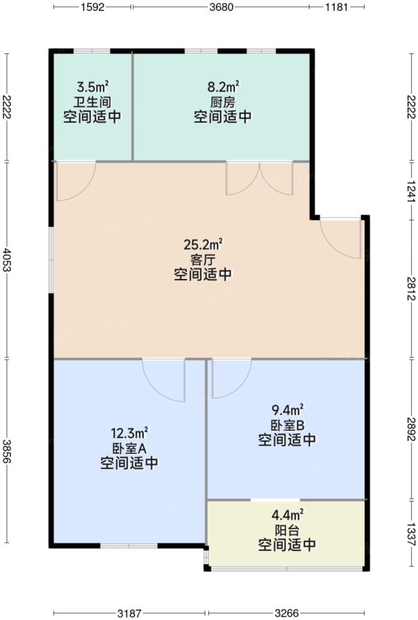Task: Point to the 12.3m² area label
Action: click(129, 433)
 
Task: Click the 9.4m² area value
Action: click(287, 410)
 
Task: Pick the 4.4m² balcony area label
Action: click(287, 515)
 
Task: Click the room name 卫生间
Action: click(92, 102)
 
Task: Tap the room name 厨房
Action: click(223, 102)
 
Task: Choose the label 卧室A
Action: click(129, 448)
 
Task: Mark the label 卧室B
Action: click(287, 425)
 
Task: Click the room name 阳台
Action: click(287, 530)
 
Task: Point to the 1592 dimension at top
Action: click(92, 8)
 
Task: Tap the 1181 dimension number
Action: click(338, 8)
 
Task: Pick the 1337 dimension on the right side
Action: click(410, 522)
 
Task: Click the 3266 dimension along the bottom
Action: click(287, 612)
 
